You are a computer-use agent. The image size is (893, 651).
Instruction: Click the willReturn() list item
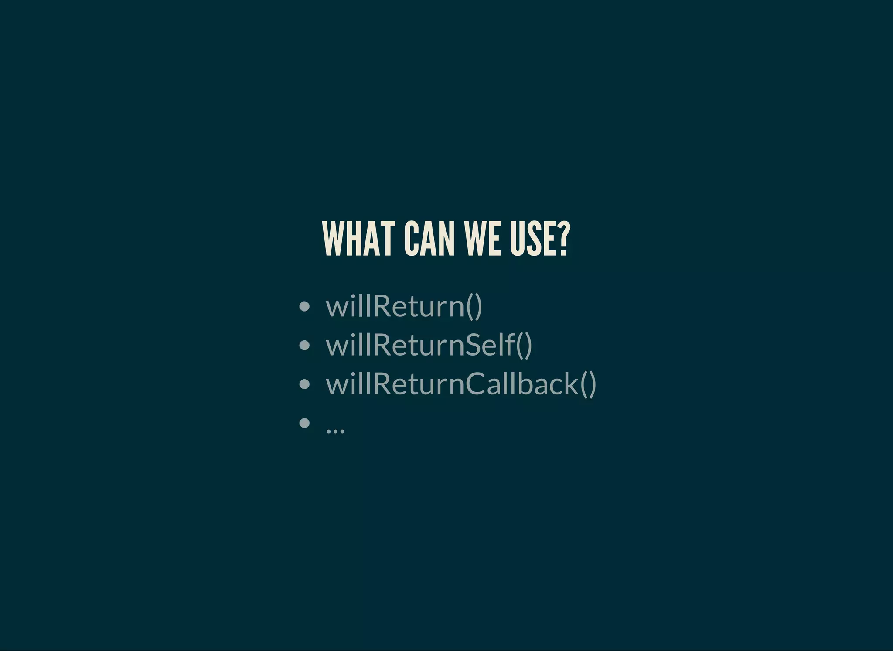tap(404, 306)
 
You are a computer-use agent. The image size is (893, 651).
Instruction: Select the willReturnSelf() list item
tap(429, 345)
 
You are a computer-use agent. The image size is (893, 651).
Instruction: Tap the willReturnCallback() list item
tap(460, 384)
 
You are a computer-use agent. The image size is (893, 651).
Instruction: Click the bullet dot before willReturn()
tap(305, 306)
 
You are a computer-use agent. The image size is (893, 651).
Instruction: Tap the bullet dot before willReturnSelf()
tap(305, 345)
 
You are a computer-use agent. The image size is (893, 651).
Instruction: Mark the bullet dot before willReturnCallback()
tap(305, 384)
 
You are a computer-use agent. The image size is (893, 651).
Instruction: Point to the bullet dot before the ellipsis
tap(305, 422)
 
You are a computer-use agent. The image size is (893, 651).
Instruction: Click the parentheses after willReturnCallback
tap(588, 384)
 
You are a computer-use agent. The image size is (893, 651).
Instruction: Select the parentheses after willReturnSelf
tap(524, 345)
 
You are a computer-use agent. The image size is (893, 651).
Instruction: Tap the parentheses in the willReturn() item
tap(474, 306)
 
